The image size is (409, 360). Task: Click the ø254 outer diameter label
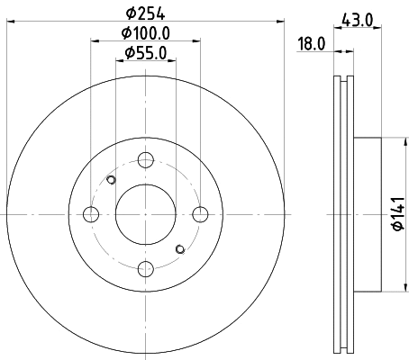click(x=145, y=14)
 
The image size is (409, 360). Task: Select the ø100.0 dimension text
click(x=145, y=35)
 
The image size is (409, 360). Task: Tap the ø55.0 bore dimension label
click(x=145, y=55)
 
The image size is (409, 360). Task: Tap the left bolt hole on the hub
click(x=91, y=214)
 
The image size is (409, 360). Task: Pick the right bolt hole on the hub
click(x=200, y=214)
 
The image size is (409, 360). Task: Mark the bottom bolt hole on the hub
click(x=145, y=268)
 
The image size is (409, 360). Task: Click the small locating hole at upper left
click(x=111, y=180)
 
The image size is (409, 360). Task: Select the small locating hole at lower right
click(x=180, y=248)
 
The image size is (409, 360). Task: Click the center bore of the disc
click(x=145, y=214)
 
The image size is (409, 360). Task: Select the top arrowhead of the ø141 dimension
click(x=396, y=140)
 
